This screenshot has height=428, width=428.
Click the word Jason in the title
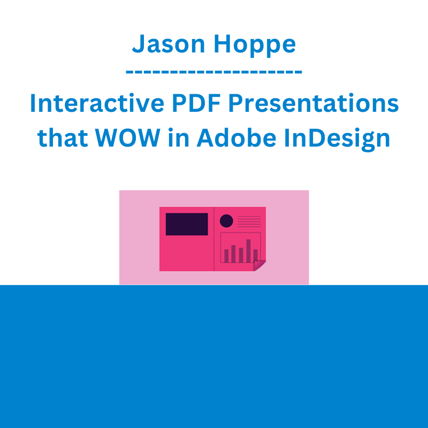[169, 44]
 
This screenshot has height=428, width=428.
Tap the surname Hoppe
[255, 45]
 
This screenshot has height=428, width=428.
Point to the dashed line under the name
[213, 72]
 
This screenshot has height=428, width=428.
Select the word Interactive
[97, 103]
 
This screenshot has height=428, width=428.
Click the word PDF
[196, 103]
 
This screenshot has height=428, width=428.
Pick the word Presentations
[314, 103]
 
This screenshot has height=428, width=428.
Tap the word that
[63, 137]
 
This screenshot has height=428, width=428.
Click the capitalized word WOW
[128, 137]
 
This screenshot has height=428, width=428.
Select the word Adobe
[236, 137]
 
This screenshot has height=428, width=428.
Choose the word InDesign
[337, 139]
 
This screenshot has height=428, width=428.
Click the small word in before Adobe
[179, 137]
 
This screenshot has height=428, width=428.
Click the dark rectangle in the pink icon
[187, 224]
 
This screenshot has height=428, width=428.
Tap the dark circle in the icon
[226, 221]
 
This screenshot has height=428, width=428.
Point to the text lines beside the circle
[249, 221]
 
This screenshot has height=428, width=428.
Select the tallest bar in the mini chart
[248, 251]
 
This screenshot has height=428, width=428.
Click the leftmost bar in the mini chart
[226, 256]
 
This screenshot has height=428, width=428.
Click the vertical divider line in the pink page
[214, 239]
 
